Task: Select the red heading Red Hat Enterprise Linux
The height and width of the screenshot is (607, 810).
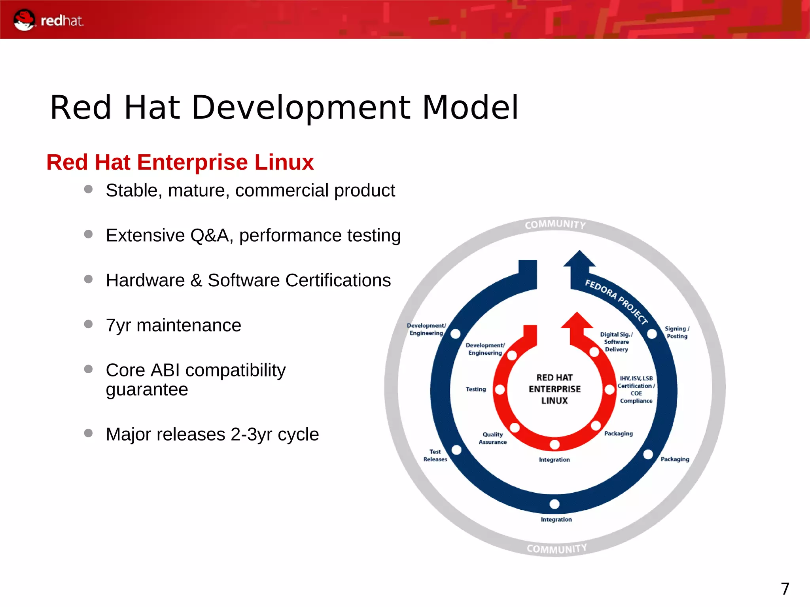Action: click(180, 162)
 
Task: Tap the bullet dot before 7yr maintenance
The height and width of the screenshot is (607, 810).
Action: click(88, 324)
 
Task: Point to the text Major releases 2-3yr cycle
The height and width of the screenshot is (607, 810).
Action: click(212, 434)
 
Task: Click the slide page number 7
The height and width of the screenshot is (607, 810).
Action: click(785, 589)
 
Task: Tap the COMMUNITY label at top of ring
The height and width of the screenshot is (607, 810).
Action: click(555, 225)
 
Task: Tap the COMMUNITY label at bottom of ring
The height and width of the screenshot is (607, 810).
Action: click(556, 549)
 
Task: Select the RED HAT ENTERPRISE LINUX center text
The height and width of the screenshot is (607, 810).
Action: click(555, 389)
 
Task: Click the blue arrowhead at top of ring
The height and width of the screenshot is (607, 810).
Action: click(579, 259)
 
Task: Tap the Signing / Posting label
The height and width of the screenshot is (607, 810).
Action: click(677, 332)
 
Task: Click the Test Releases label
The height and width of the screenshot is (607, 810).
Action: click(435, 455)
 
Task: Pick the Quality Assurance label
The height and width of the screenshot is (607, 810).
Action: click(492, 438)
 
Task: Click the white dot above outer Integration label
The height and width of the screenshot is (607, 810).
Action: click(555, 504)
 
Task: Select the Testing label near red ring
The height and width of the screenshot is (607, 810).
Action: click(475, 389)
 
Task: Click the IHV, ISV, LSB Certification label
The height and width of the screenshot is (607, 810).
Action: click(636, 390)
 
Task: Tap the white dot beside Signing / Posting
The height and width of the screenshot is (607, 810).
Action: click(652, 334)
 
